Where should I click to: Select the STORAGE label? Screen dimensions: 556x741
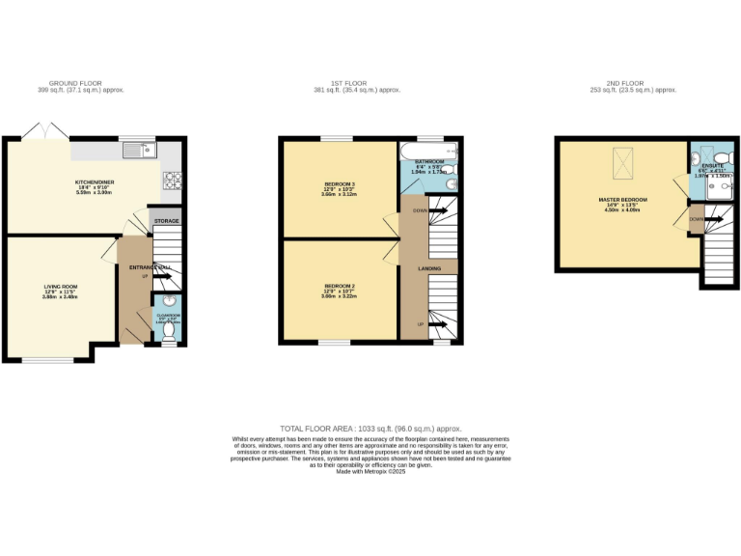point(167,222)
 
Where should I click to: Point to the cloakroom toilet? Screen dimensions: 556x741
point(169,330)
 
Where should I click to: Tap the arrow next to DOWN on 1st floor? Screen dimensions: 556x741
point(439,210)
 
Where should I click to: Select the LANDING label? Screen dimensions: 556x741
point(429,268)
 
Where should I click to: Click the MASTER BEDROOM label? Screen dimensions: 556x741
point(622,200)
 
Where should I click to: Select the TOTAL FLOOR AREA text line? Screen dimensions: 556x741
point(370,428)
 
